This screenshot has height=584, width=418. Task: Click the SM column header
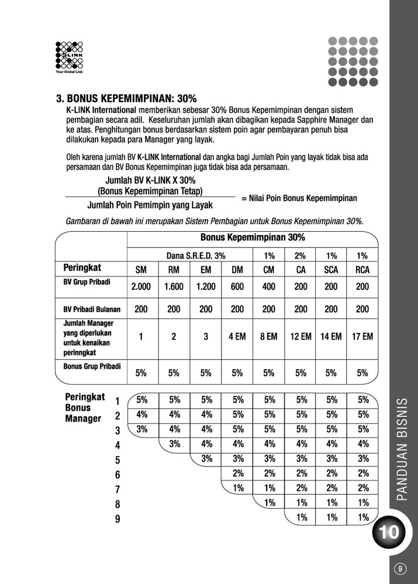[x=141, y=270]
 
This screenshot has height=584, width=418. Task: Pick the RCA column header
[x=362, y=270]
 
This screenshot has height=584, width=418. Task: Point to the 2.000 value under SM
[x=141, y=287]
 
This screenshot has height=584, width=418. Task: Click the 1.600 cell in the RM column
[x=174, y=287]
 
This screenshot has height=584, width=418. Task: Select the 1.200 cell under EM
[x=206, y=287]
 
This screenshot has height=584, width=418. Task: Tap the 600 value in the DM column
[x=237, y=287]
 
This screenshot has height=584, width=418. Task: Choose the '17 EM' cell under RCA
[x=362, y=336]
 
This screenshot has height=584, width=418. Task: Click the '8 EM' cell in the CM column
[x=268, y=336]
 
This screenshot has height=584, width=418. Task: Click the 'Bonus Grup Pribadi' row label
[x=92, y=366]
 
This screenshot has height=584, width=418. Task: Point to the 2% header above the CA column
[x=300, y=256]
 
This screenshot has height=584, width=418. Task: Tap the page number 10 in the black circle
[x=389, y=532]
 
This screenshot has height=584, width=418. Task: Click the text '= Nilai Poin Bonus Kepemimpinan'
[x=299, y=199]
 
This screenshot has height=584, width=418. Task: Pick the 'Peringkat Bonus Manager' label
[x=85, y=407]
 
